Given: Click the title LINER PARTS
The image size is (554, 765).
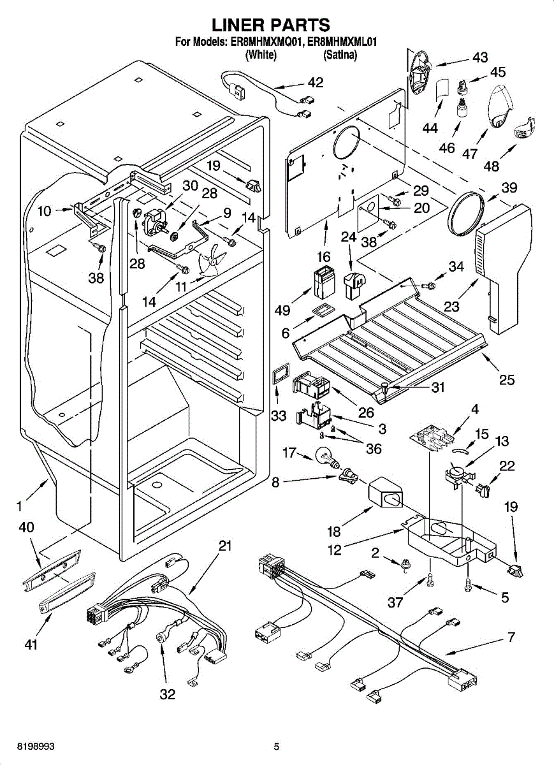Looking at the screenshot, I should pyautogui.click(x=270, y=25).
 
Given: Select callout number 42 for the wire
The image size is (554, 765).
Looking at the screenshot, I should pyautogui.click(x=315, y=83).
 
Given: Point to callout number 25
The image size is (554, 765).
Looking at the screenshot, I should pyautogui.click(x=507, y=380).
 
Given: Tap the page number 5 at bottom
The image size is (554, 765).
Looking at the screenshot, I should pyautogui.click(x=277, y=746).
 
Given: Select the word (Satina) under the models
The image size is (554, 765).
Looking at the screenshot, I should pyautogui.click(x=340, y=55).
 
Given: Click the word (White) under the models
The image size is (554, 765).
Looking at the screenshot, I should pyautogui.click(x=261, y=55).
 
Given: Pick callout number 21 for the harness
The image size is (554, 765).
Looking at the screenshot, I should pyautogui.click(x=224, y=546).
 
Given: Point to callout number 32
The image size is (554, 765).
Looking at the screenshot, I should pyautogui.click(x=167, y=694).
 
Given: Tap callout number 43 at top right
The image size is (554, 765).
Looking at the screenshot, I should pyautogui.click(x=480, y=57).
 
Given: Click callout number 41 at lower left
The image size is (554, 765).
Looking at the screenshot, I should pyautogui.click(x=31, y=645).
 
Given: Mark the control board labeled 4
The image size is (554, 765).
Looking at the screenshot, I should pyautogui.click(x=436, y=438).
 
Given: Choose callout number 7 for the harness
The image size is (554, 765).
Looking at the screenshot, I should pyautogui.click(x=511, y=636).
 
